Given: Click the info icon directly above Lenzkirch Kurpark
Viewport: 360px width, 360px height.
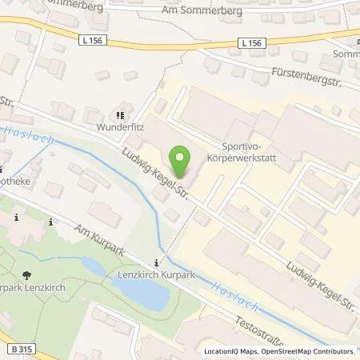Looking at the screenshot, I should (157, 262).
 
